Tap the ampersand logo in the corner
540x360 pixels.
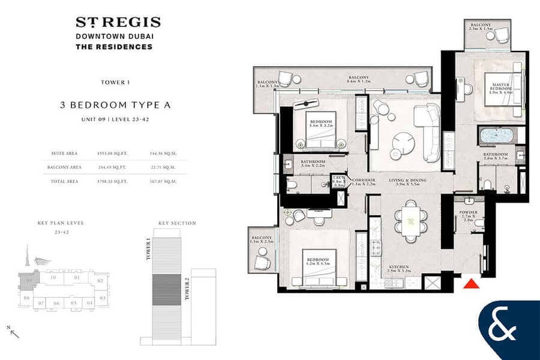[x=509, y=331]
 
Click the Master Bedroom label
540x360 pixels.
[x=500, y=88]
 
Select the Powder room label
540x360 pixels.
[x=470, y=214]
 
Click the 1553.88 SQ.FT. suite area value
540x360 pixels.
[x=113, y=153]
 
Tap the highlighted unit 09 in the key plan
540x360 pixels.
[x=28, y=280]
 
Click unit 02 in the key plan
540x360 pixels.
[x=100, y=280]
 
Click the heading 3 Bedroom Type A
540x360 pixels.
[x=115, y=104]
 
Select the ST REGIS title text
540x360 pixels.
[x=118, y=23]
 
